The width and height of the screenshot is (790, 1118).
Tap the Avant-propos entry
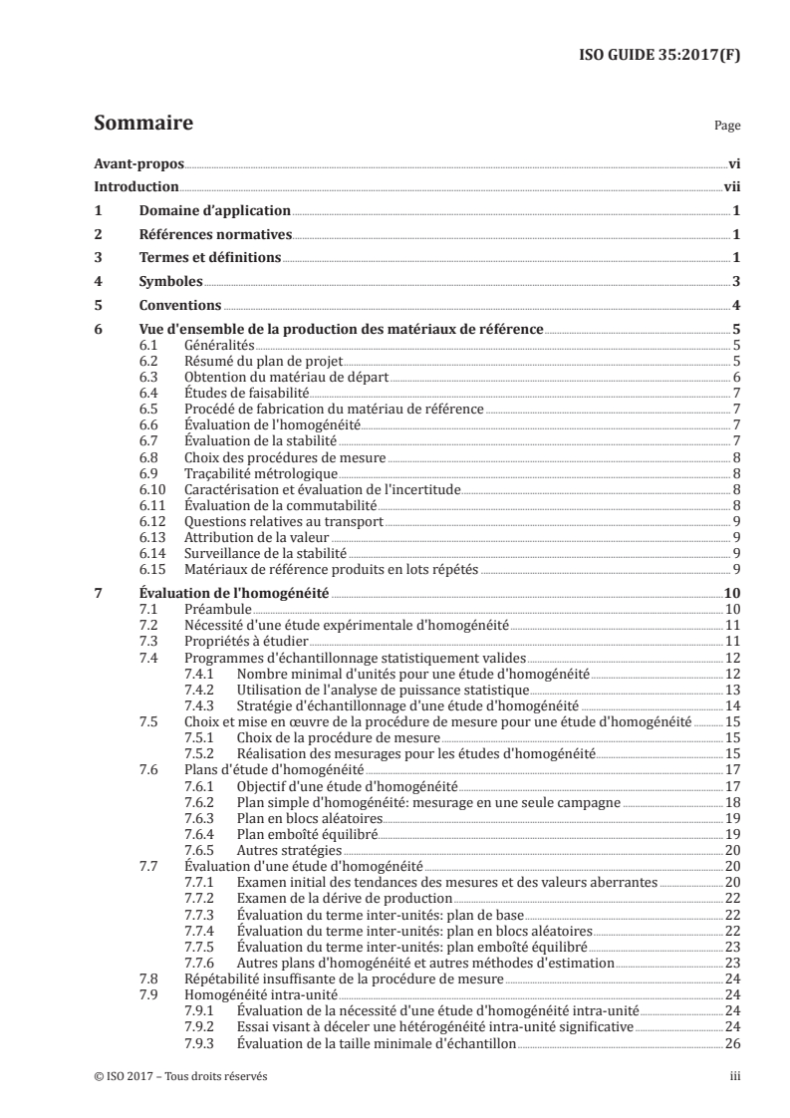(x=132, y=162)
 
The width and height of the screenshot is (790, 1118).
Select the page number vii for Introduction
(x=730, y=186)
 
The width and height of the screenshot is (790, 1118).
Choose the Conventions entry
(x=178, y=305)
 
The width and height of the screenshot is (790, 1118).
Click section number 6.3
(x=148, y=378)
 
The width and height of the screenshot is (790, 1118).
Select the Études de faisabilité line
(x=233, y=394)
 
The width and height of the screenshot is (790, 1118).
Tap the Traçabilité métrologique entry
(x=261, y=473)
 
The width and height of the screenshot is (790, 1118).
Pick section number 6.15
(x=151, y=570)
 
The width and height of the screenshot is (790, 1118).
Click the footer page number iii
(x=733, y=1077)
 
